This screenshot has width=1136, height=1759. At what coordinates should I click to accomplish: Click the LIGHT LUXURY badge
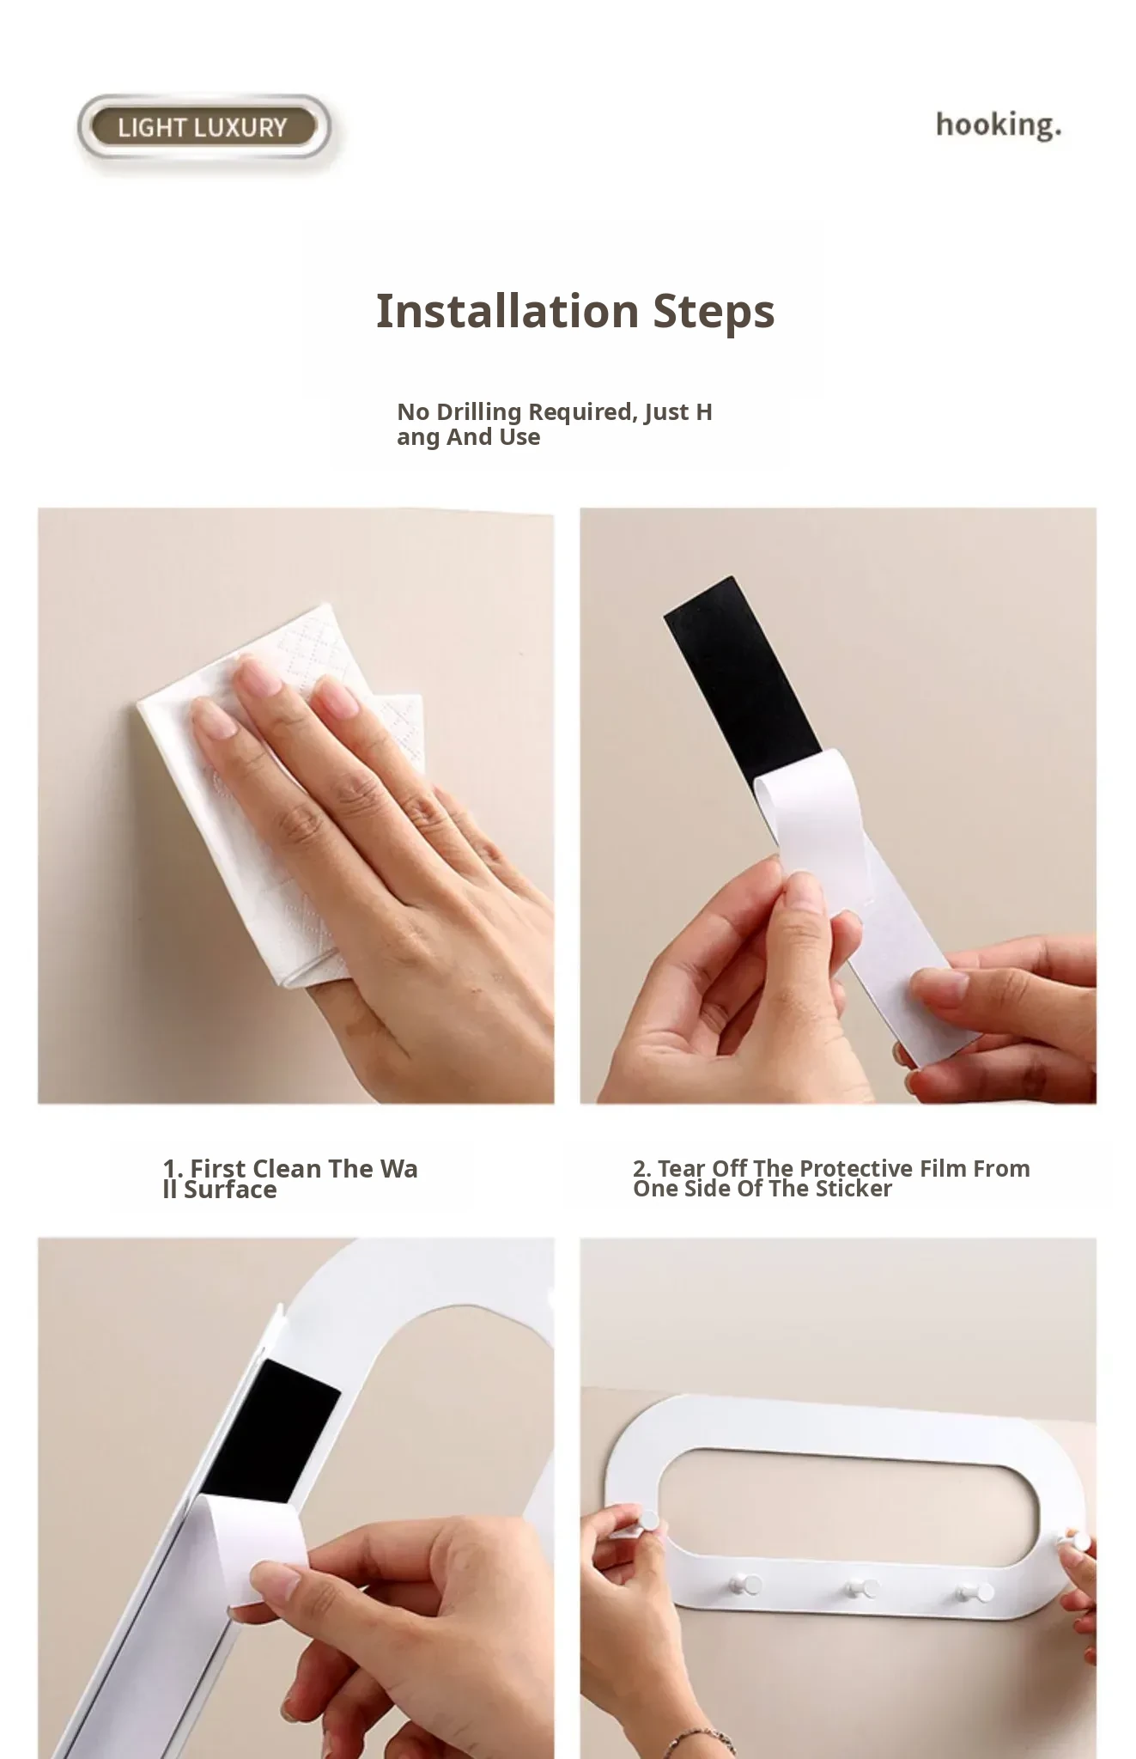tap(204, 128)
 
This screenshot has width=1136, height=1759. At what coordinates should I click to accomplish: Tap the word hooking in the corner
tap(998, 125)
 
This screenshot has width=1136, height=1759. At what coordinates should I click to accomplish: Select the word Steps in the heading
tap(714, 312)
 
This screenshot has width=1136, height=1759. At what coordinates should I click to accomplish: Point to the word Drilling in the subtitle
tap(478, 413)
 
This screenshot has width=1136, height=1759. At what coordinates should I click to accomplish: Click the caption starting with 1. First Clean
tap(290, 1178)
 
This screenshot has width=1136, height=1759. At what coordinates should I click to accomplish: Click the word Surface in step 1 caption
tap(230, 1190)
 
